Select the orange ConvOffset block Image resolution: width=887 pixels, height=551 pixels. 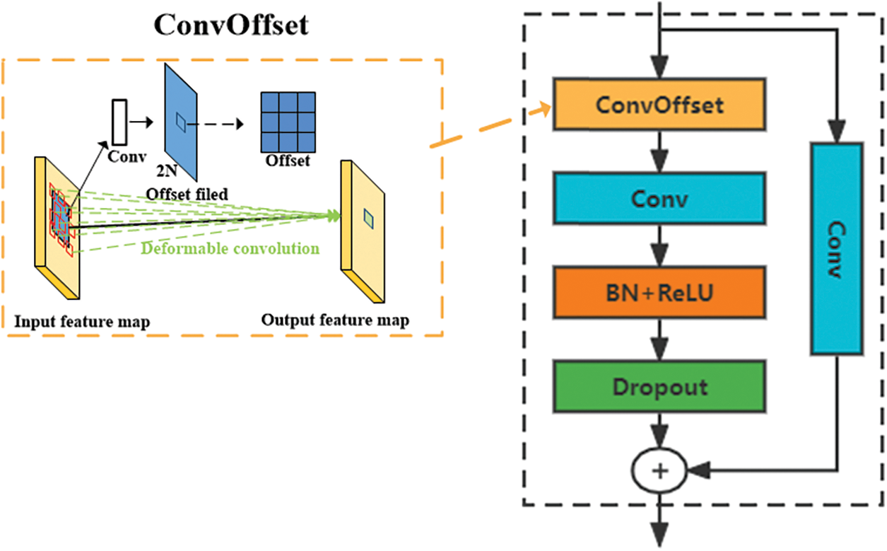[x=659, y=105]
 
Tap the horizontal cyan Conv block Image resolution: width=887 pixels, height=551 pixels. [x=659, y=199]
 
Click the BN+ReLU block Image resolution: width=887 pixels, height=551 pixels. [x=659, y=293]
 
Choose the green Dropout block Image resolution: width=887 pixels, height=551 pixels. [x=659, y=387]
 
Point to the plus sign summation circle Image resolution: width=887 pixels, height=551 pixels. [x=659, y=470]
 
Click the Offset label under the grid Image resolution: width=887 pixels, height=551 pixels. [x=288, y=161]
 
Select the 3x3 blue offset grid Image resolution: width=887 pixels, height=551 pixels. [x=287, y=122]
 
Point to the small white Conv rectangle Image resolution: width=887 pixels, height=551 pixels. [x=119, y=121]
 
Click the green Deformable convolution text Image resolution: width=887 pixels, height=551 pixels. [x=230, y=248]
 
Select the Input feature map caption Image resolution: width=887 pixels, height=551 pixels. [x=82, y=322]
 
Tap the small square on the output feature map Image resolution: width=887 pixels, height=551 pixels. [x=368, y=218]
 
